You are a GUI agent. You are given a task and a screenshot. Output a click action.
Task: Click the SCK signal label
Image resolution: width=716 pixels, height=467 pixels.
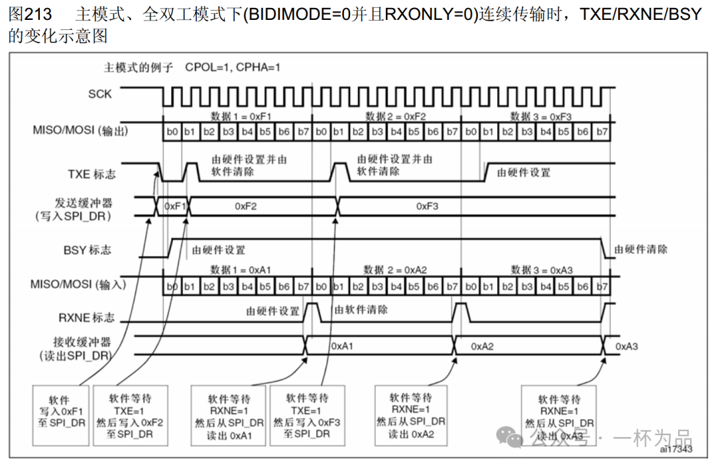[100, 94]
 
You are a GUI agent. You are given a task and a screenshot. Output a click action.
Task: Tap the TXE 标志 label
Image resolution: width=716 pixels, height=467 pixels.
[91, 174]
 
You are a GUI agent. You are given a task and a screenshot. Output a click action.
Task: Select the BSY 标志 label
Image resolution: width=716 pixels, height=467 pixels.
[88, 250]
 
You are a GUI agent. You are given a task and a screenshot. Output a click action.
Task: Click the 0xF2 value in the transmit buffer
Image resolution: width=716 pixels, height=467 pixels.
[245, 206]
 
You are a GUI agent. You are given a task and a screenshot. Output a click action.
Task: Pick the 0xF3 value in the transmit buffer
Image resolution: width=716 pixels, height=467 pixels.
[428, 206]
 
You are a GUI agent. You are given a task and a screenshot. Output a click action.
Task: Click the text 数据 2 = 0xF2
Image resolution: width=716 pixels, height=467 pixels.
[396, 117]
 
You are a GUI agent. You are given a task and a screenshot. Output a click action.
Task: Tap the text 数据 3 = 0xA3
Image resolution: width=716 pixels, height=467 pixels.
[542, 270]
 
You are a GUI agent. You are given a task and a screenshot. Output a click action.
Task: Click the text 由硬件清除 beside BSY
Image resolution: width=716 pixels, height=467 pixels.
[640, 249]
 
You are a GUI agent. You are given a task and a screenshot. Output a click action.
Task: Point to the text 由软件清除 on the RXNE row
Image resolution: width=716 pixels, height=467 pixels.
[361, 310]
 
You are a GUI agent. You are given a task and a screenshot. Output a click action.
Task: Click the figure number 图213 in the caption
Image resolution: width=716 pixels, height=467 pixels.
[29, 14]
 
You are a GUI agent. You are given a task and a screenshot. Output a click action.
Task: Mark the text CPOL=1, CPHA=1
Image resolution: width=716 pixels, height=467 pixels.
[233, 67]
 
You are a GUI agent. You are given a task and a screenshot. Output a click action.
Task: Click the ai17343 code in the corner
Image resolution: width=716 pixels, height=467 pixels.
[676, 449]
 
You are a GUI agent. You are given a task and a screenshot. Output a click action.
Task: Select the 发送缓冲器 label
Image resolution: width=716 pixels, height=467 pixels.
[83, 202]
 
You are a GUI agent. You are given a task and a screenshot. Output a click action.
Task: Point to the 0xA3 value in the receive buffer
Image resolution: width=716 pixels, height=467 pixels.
[627, 346]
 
